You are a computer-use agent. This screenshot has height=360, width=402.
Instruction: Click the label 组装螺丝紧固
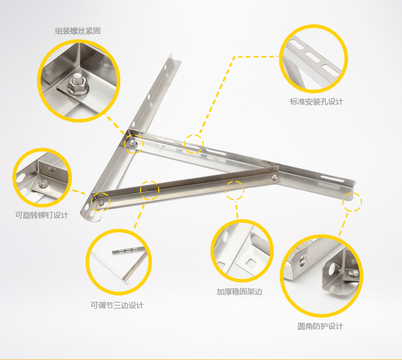(78, 31)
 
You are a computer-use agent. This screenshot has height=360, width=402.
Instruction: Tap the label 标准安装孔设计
(317, 102)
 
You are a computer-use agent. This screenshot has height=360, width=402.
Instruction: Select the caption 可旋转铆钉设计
(42, 215)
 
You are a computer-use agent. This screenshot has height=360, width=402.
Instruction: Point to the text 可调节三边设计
(117, 306)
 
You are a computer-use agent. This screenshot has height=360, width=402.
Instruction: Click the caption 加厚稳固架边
(240, 292)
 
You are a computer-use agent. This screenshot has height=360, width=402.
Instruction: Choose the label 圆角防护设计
(320, 326)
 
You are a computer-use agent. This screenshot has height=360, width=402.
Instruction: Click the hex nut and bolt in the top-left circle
(78, 84)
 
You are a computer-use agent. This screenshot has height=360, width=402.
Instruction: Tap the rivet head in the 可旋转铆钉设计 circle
(43, 183)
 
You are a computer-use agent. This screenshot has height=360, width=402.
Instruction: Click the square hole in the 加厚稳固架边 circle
(251, 262)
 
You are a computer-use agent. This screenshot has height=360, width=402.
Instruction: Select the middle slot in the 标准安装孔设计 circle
(312, 57)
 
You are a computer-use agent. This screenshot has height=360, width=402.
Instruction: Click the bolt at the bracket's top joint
(132, 144)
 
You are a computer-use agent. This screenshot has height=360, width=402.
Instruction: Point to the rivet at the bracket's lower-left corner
(101, 203)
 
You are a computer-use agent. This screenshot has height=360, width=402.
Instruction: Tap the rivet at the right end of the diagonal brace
(275, 177)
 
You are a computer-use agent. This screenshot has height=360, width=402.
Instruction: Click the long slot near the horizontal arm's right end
(332, 179)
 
